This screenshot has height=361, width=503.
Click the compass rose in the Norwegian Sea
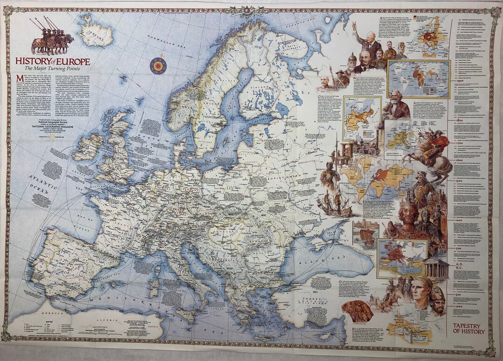pos(158,65)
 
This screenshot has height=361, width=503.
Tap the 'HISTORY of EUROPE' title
pos(53,62)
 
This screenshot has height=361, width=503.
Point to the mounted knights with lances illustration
pos(52,37)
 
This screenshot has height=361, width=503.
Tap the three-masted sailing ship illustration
pos(335,201)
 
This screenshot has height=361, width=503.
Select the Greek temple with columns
pos(436,268)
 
